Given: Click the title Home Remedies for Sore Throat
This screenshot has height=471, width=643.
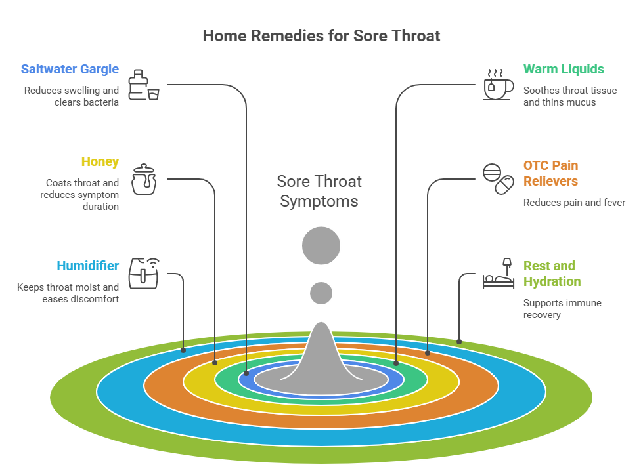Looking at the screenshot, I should [321, 35].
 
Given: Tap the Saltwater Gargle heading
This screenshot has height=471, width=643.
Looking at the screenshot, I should [70, 69].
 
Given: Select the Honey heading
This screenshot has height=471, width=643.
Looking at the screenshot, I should [100, 161].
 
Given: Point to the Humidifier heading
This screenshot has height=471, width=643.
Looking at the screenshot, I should [87, 266].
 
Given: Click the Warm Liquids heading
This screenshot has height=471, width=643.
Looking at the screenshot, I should [564, 69].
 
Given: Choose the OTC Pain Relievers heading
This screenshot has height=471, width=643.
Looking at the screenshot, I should [550, 173].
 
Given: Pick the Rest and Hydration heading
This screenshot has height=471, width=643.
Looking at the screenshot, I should [552, 274].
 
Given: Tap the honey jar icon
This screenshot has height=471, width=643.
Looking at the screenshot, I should [144, 179].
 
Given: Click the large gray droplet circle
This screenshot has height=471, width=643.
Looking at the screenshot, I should [321, 246].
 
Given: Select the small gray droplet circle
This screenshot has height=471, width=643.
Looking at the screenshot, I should [321, 293].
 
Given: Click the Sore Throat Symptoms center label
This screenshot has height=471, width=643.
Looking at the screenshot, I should [319, 191].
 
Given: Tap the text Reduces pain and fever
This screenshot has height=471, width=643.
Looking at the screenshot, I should [574, 203].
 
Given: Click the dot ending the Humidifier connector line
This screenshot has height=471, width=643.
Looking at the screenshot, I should [183, 350].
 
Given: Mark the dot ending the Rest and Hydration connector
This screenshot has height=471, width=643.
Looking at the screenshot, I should [459, 342].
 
